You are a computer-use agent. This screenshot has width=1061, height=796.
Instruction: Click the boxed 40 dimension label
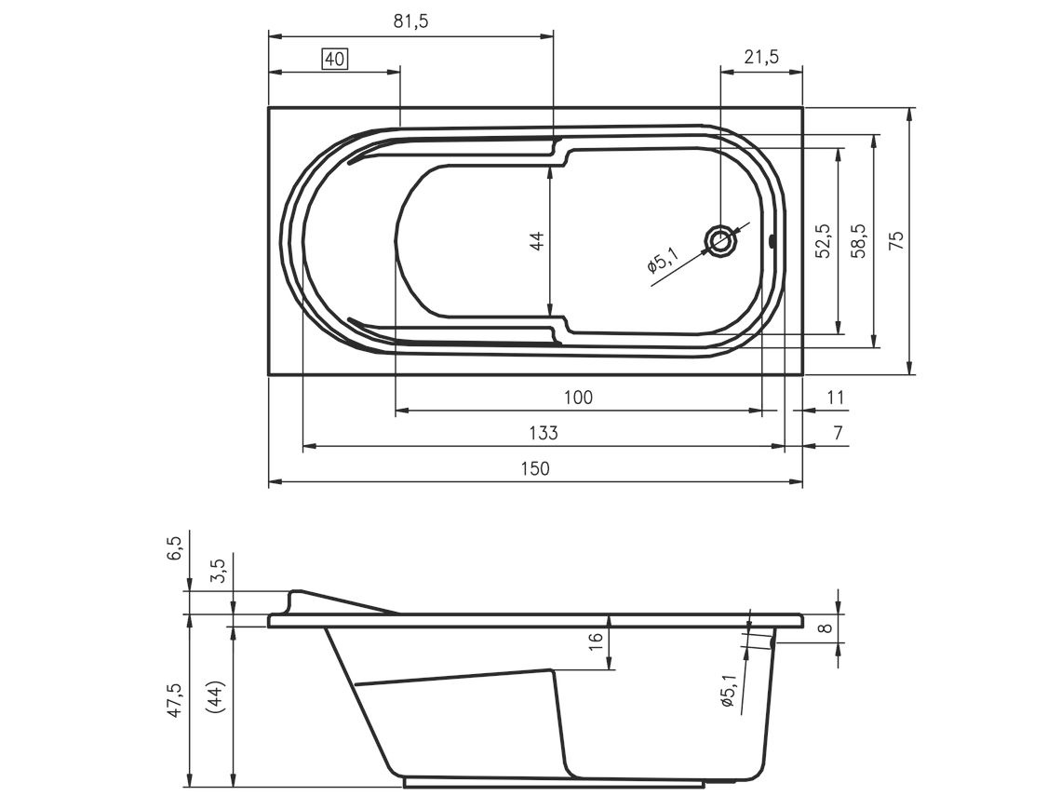click(334, 60)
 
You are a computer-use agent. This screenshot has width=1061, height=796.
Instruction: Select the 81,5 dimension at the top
click(410, 21)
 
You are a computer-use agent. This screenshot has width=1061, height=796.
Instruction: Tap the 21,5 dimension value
click(761, 57)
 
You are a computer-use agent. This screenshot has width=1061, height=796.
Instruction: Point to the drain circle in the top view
click(721, 240)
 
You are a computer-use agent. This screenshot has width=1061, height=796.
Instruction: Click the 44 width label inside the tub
click(537, 241)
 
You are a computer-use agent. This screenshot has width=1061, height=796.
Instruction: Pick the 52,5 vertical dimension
click(823, 241)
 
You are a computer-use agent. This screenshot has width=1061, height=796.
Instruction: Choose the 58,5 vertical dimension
click(858, 241)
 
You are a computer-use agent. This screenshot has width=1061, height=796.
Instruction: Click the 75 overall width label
click(895, 241)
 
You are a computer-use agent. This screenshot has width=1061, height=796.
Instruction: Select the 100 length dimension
click(578, 398)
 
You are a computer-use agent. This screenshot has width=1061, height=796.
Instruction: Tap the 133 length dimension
click(544, 433)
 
